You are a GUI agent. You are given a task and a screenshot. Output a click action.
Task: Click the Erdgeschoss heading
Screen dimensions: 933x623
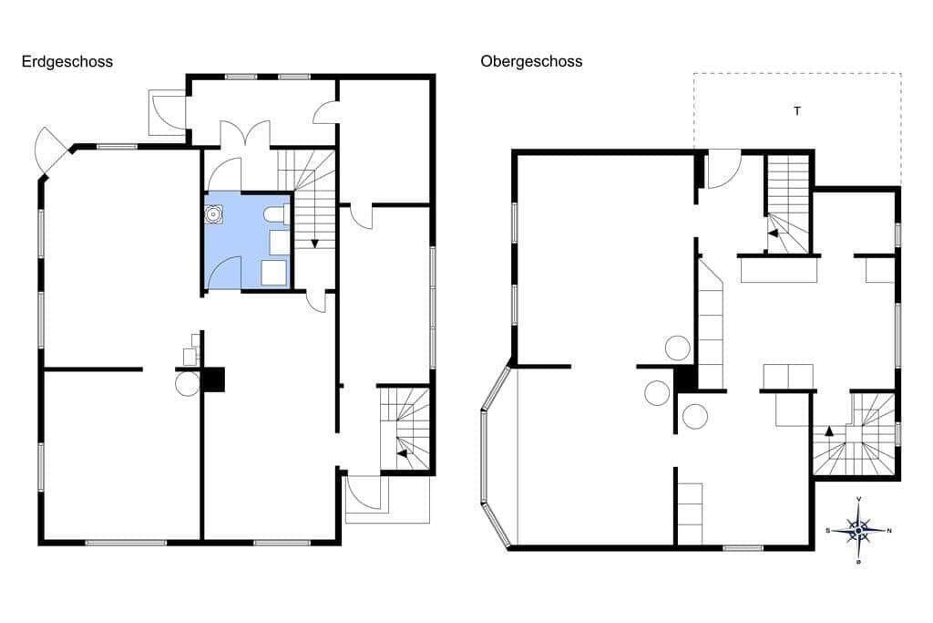(67, 62)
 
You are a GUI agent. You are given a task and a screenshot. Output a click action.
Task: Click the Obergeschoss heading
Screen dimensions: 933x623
(531, 62)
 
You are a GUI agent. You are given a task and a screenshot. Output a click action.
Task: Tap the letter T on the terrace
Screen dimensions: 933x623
(797, 110)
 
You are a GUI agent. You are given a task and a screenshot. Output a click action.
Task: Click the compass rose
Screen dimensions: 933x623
(858, 530)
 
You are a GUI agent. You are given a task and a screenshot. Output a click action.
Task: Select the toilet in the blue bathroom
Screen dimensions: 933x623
(277, 215)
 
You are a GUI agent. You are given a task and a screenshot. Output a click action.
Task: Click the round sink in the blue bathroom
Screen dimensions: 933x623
(213, 214)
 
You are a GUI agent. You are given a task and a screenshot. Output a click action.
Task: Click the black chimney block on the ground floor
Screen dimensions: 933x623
(214, 379)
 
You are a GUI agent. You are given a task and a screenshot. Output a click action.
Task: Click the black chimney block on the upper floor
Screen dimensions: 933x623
(686, 379)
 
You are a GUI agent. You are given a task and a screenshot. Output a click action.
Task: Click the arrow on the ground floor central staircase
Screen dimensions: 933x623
(314, 244)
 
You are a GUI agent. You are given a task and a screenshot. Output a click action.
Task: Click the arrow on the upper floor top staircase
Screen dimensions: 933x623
(773, 234)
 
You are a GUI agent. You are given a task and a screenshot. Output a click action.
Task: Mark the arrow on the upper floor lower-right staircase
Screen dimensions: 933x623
(829, 431)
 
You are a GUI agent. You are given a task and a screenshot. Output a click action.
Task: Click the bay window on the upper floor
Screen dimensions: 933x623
(496, 456)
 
